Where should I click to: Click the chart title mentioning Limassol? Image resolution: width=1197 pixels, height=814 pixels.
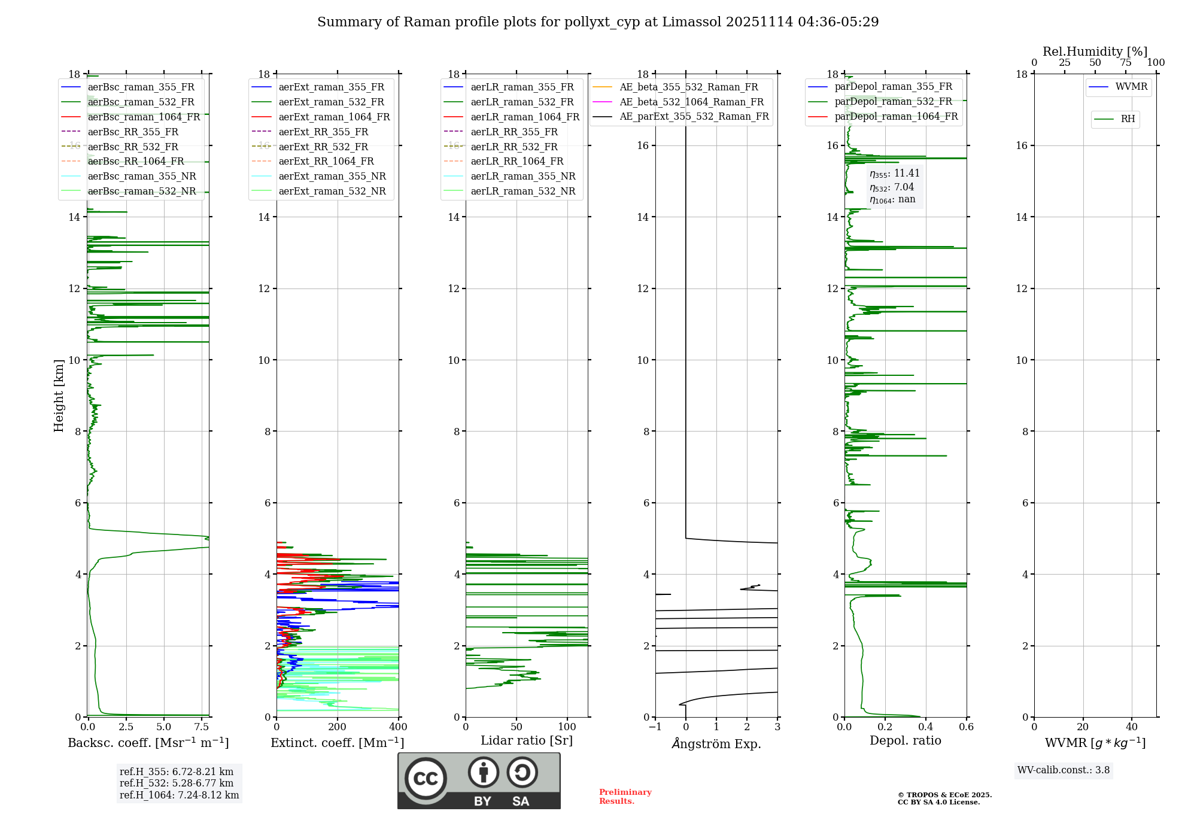pos(598,22)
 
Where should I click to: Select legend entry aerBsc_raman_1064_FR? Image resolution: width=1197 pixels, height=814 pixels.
pos(144,117)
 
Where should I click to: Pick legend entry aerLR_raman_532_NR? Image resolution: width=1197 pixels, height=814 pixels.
pos(522,191)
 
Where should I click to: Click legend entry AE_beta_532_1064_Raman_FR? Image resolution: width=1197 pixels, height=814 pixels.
pos(691,102)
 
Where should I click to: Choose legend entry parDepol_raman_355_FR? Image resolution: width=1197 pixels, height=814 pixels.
pos(893,87)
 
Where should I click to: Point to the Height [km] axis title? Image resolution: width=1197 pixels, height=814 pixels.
pos(59,395)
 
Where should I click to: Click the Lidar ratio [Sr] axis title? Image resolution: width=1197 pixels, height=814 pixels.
pos(527,740)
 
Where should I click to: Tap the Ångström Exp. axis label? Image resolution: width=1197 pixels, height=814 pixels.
pos(716,743)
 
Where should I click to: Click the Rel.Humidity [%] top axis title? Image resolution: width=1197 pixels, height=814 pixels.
pos(1095,51)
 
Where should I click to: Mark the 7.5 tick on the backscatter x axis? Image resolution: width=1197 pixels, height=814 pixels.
pos(202,727)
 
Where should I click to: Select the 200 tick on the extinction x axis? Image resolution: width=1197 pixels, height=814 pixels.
pos(338,727)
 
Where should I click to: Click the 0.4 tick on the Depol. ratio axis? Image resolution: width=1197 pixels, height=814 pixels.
pos(926,727)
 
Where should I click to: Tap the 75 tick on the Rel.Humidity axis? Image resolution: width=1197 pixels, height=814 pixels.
pos(1126,63)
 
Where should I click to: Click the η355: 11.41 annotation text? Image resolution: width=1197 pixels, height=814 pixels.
pos(894,174)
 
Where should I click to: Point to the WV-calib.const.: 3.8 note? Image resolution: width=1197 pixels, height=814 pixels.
pos(1064,770)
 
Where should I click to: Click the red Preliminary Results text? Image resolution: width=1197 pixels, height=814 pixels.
pos(625,797)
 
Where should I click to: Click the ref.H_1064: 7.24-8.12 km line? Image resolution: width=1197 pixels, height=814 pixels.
pos(179,795)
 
